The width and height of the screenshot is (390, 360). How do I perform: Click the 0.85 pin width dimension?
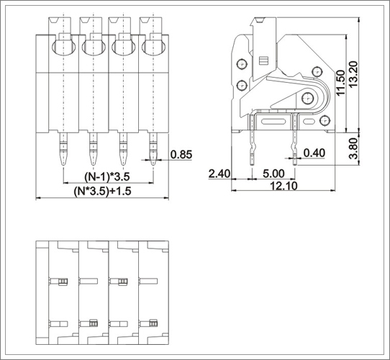click(x=181, y=155)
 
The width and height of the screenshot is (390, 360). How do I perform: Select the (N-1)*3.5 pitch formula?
click(x=107, y=176)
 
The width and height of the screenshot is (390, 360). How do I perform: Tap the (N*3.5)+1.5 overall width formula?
click(x=102, y=191)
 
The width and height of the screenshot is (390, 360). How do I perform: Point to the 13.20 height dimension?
click(x=353, y=73)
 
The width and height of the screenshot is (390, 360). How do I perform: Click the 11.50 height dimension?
click(x=340, y=82)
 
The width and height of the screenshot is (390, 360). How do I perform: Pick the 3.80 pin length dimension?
click(x=353, y=148)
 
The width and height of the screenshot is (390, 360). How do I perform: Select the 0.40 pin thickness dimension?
click(x=314, y=153)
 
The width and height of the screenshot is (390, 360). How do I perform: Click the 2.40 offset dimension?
click(x=219, y=174)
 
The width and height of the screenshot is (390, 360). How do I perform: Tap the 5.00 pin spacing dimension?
click(x=273, y=174)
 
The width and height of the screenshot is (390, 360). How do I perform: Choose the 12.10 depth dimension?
click(x=284, y=186)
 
